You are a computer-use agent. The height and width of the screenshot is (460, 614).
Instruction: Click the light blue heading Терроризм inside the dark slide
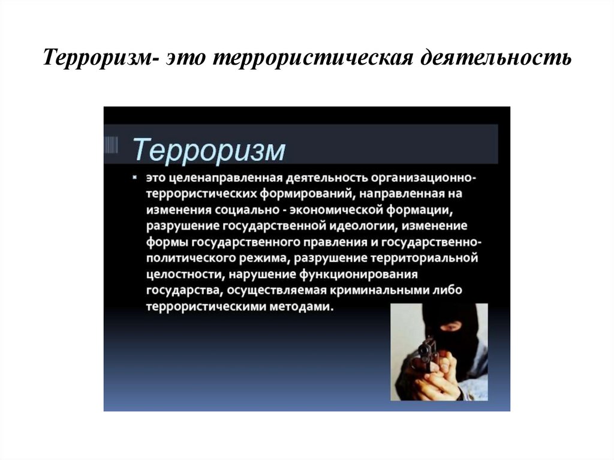(209, 150)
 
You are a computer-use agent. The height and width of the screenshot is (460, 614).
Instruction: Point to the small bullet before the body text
(136, 178)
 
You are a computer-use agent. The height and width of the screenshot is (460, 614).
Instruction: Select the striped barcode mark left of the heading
(110, 146)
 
